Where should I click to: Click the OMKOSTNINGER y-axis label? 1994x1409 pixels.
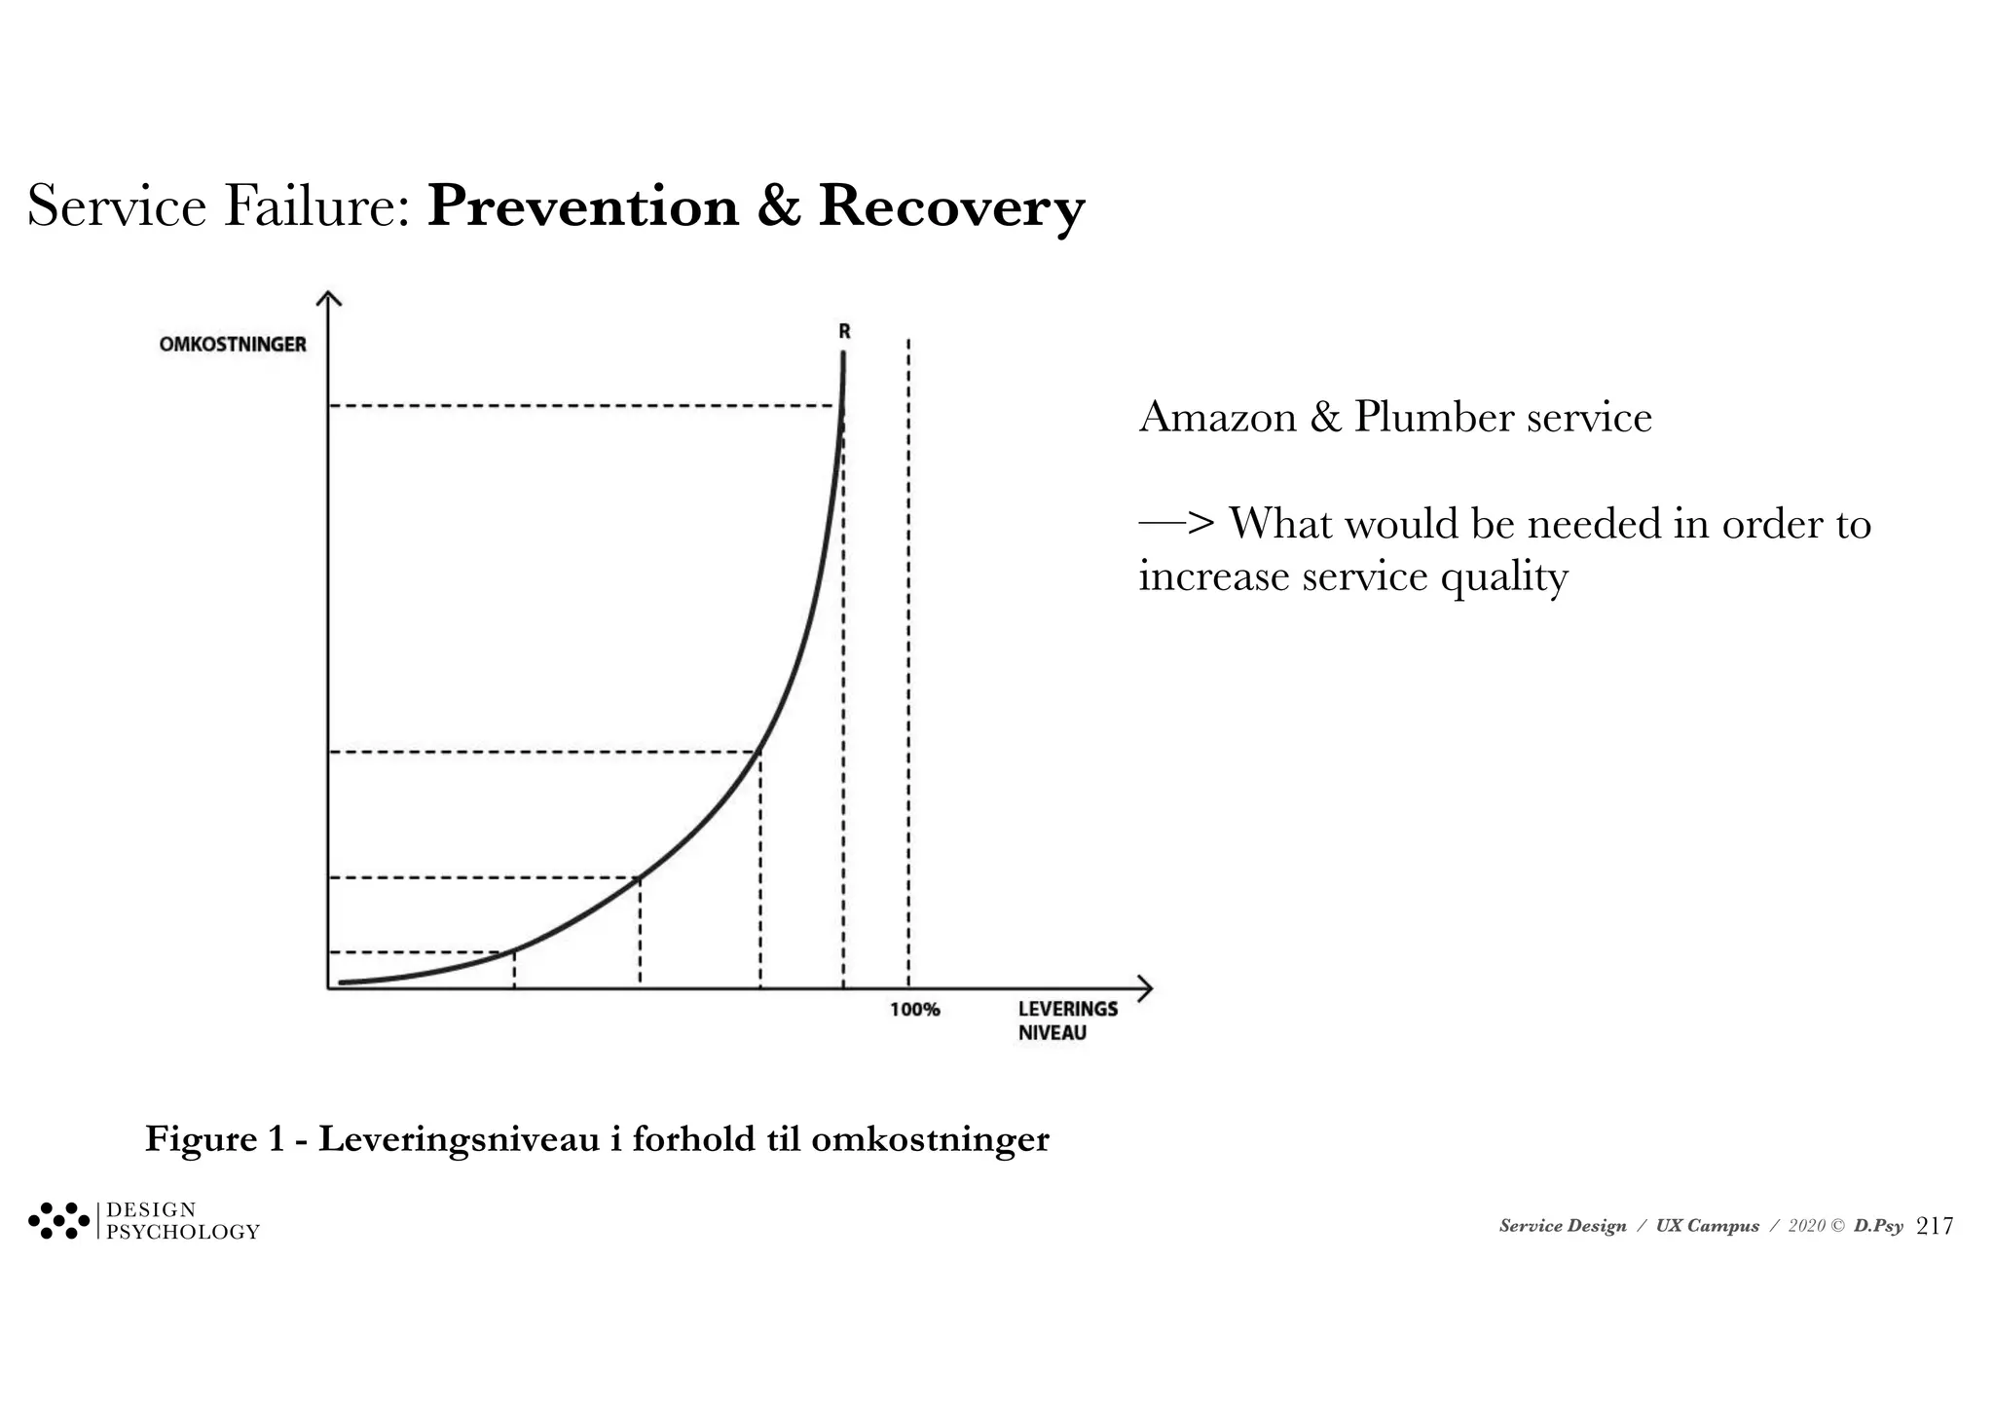(233, 345)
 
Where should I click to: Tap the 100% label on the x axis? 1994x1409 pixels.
(914, 1010)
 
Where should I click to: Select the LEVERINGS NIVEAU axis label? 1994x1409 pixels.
(1066, 1020)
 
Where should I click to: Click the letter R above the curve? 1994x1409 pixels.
(844, 332)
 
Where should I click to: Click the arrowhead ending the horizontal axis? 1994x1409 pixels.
(1145, 988)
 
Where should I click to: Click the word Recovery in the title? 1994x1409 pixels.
(950, 207)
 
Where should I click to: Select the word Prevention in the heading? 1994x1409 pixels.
(582, 207)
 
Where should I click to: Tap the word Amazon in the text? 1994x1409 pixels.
(1217, 418)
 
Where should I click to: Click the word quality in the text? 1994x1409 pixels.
(1504, 577)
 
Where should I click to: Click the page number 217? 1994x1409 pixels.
(1934, 1227)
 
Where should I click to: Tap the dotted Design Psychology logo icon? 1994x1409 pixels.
(58, 1221)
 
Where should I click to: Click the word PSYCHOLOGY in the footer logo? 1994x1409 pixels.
(183, 1233)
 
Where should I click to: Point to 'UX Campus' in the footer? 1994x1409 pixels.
(1707, 1227)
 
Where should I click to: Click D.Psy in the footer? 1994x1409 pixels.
(1877, 1227)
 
